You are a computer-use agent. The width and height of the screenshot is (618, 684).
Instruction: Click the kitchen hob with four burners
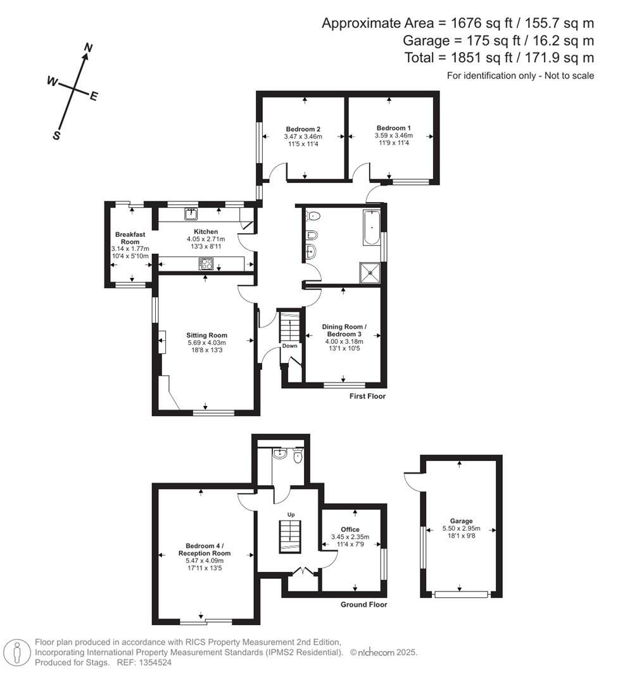[x=206, y=264]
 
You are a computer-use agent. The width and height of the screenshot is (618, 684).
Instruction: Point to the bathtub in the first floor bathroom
[x=371, y=229]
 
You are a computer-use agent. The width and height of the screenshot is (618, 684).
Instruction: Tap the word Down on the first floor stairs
[x=289, y=346]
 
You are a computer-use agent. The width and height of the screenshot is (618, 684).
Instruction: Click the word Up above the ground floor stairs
[x=291, y=514]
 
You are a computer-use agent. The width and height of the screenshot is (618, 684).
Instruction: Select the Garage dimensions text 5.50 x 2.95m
[x=461, y=529]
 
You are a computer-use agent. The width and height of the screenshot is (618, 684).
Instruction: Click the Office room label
[x=350, y=529]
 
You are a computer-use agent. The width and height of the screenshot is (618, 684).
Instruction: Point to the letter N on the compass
[x=89, y=48]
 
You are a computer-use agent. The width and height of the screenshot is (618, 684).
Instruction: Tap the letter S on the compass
[x=56, y=135]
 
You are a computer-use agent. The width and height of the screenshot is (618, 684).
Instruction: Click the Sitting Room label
[x=206, y=335]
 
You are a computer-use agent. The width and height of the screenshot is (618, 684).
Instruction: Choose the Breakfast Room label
[x=130, y=238]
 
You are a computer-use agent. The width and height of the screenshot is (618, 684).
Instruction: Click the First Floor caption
[x=367, y=396]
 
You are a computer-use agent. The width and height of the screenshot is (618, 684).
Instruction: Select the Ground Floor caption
[x=363, y=605]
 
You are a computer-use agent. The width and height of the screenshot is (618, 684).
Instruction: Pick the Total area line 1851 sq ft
[x=499, y=58]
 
